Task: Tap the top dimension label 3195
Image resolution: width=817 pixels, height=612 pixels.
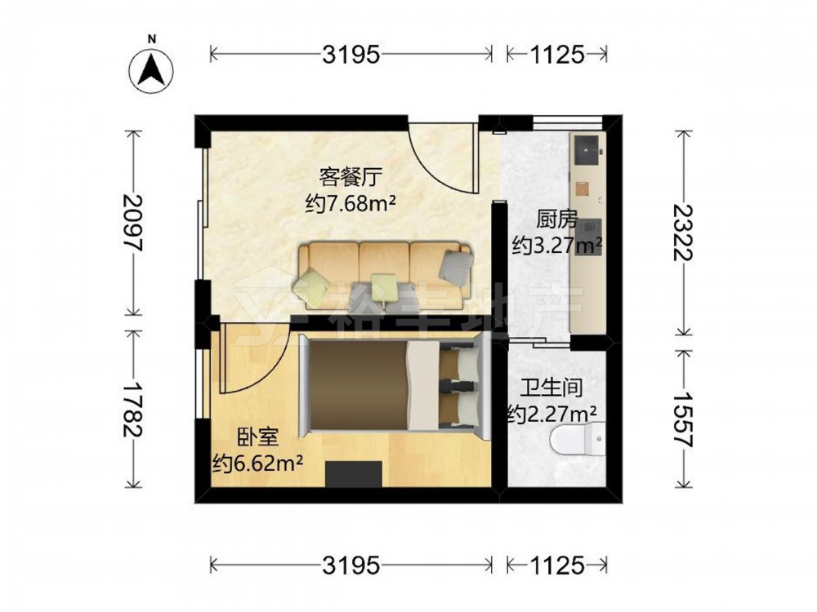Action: click(x=350, y=54)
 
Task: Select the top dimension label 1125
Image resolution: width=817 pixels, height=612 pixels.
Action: click(x=557, y=54)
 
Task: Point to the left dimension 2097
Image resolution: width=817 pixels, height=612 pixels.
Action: click(x=133, y=223)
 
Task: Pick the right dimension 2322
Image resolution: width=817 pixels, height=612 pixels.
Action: click(x=683, y=232)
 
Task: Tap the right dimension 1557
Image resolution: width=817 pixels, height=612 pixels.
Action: click(x=683, y=419)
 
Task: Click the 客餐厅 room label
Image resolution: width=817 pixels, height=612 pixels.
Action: click(x=350, y=177)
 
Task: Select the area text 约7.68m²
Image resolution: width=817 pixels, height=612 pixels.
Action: click(x=350, y=203)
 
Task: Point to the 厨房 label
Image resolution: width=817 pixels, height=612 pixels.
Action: click(x=557, y=220)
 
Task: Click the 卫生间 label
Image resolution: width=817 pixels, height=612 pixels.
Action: click(x=551, y=388)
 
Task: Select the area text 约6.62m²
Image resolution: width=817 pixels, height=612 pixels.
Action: click(x=257, y=463)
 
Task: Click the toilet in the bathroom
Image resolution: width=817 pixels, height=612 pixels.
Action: click(x=578, y=439)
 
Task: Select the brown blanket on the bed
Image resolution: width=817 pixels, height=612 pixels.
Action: click(x=358, y=385)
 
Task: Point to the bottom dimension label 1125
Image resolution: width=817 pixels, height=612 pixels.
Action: click(x=557, y=565)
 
